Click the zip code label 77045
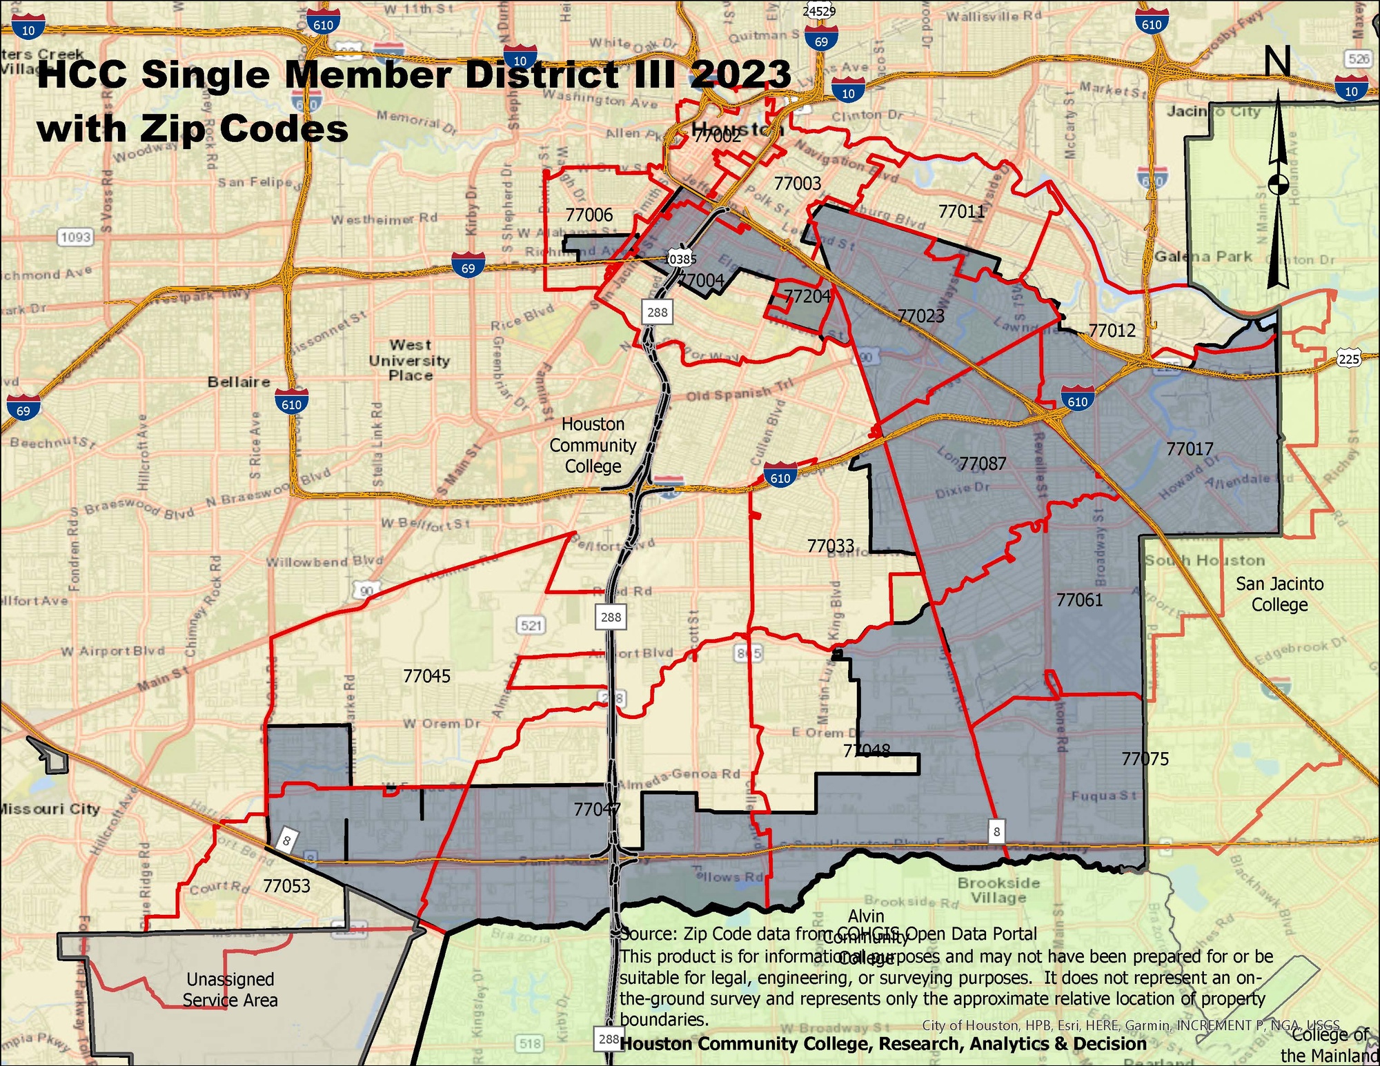426,676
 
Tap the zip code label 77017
1190,449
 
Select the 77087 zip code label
983,464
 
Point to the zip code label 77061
1080,600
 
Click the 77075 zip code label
1145,759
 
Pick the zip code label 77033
831,546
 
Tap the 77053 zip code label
286,886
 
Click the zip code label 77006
589,215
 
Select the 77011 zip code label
962,211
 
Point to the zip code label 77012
1112,330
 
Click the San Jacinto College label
1279,594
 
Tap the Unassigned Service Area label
230,989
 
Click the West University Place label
410,360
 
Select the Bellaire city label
239,382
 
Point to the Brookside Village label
998,890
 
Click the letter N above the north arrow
1277,61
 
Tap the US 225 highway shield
1348,359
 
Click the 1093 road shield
75,237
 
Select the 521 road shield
531,625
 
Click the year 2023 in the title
740,74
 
